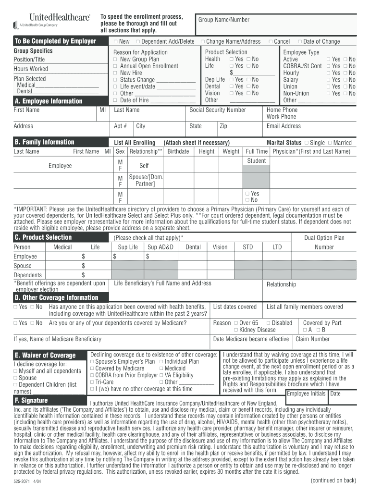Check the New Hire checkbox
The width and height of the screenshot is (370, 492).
[x=115, y=73]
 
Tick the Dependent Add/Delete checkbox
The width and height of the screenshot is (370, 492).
[x=138, y=42]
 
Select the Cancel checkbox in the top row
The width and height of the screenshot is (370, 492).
[x=271, y=42]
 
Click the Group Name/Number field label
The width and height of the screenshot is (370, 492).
[x=224, y=20]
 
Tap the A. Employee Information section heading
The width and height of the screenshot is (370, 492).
[x=49, y=101]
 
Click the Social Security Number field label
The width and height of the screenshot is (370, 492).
[x=218, y=110]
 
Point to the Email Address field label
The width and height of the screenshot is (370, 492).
[x=284, y=126]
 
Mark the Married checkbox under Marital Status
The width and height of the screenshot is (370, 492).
[x=330, y=143]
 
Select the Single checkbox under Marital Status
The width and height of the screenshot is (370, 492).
[x=307, y=143]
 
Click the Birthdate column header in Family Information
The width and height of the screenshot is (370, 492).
[x=178, y=151]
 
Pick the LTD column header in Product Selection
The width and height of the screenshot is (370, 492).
[x=277, y=247]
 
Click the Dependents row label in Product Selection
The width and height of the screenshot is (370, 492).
[x=28, y=275]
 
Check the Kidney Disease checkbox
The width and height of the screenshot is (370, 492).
[x=236, y=330]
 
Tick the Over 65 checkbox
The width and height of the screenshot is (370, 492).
[x=236, y=323]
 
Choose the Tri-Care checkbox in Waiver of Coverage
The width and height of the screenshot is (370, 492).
[x=92, y=382]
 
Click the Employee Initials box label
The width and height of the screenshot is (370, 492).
[x=306, y=394]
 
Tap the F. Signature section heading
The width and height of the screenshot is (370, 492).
[x=31, y=400]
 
